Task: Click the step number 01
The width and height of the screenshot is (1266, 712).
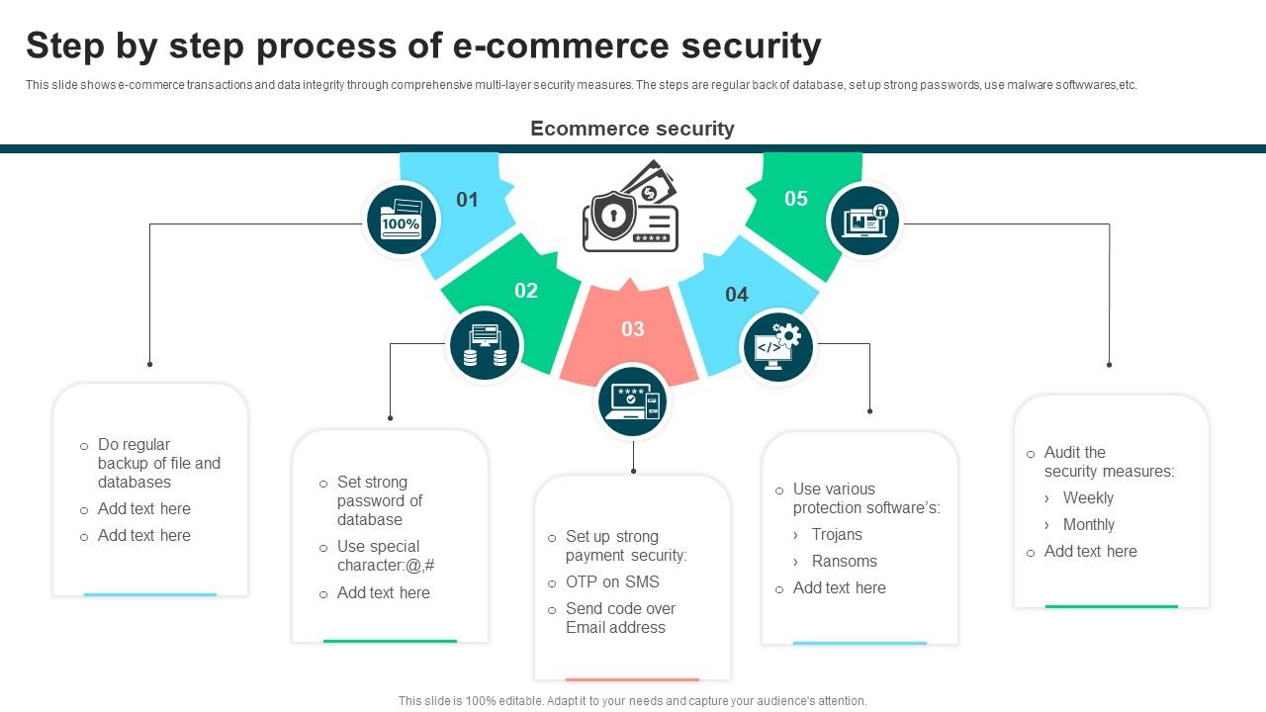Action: click(x=467, y=200)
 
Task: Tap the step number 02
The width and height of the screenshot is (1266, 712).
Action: click(x=525, y=291)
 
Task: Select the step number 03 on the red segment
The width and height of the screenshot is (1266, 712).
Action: click(x=632, y=329)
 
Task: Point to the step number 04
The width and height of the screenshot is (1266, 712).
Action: click(x=736, y=295)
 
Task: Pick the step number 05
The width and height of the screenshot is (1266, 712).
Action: click(x=796, y=199)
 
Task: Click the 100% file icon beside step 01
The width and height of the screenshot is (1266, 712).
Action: click(x=402, y=220)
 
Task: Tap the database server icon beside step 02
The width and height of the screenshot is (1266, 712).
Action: click(x=485, y=345)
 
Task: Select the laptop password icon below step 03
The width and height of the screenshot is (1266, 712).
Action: click(x=632, y=401)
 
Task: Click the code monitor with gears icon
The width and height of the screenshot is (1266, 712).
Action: click(x=777, y=346)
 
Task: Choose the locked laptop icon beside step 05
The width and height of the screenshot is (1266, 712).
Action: click(x=864, y=220)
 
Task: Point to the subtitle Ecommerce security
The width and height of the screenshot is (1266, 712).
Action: click(x=632, y=129)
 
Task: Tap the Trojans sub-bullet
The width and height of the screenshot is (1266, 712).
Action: click(x=837, y=535)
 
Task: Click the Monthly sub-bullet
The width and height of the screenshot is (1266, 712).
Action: click(x=1088, y=525)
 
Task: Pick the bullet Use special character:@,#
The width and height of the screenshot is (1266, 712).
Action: click(x=385, y=556)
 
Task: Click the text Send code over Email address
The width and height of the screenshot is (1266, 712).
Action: click(x=620, y=618)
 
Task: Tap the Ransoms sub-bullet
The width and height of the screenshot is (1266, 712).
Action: click(x=844, y=562)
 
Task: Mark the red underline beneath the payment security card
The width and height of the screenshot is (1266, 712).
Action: click(x=632, y=679)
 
